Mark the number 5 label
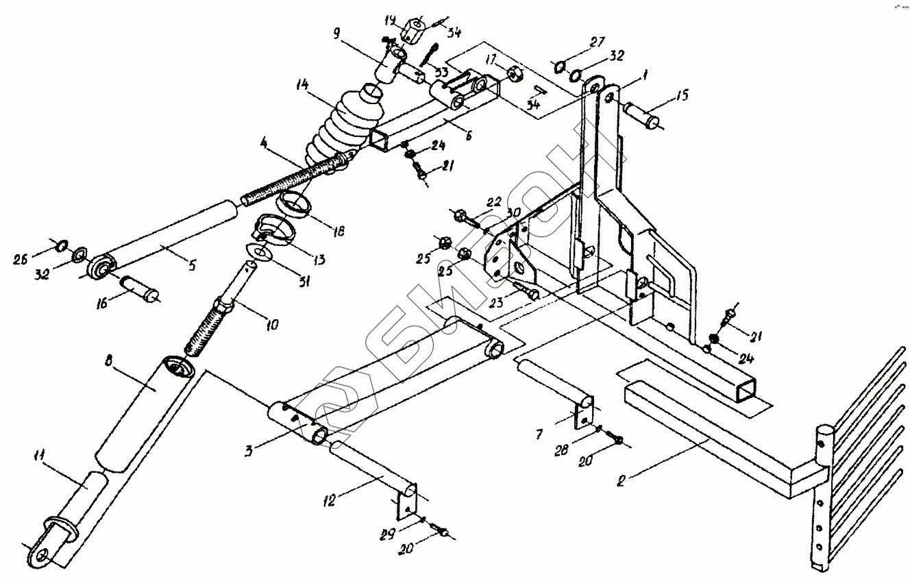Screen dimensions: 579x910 (192, 265)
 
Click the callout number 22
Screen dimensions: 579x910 (494, 201)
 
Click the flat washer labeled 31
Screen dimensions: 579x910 (258, 253)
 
